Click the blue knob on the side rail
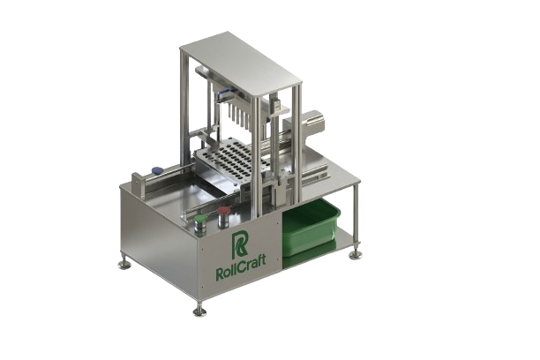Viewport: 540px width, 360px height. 157,169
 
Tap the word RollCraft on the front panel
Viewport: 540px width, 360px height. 241,266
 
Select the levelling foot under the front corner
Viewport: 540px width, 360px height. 199,311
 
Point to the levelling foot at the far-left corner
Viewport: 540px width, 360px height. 124,264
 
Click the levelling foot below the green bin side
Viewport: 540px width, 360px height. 355,255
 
